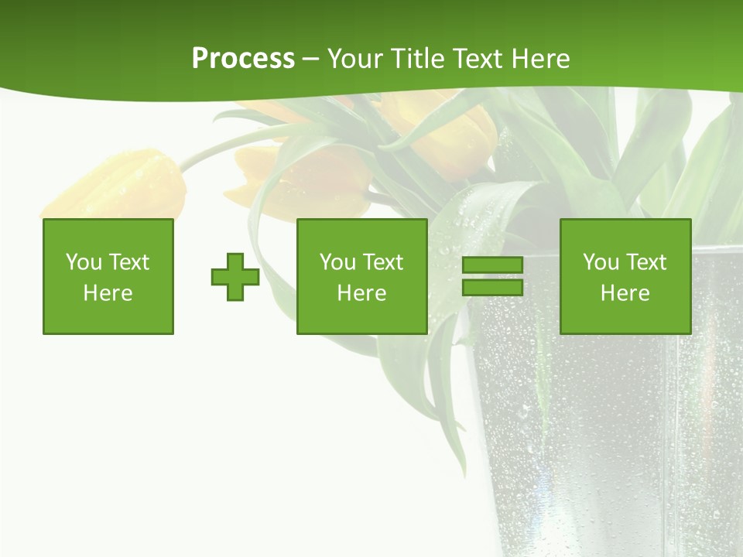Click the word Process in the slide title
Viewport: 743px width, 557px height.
click(243, 59)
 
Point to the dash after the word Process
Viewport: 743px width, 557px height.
click(310, 60)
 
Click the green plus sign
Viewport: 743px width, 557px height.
click(235, 277)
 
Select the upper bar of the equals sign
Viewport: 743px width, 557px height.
click(492, 265)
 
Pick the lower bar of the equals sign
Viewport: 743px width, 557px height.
click(492, 287)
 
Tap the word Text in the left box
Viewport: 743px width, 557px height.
click(128, 262)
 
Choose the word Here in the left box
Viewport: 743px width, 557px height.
click(108, 293)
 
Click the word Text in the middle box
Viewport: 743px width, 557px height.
click(382, 262)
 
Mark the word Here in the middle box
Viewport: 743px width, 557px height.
click(362, 293)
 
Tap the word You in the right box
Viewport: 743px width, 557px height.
click(601, 262)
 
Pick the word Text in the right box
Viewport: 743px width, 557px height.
click(645, 262)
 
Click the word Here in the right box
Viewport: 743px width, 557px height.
click(625, 293)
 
